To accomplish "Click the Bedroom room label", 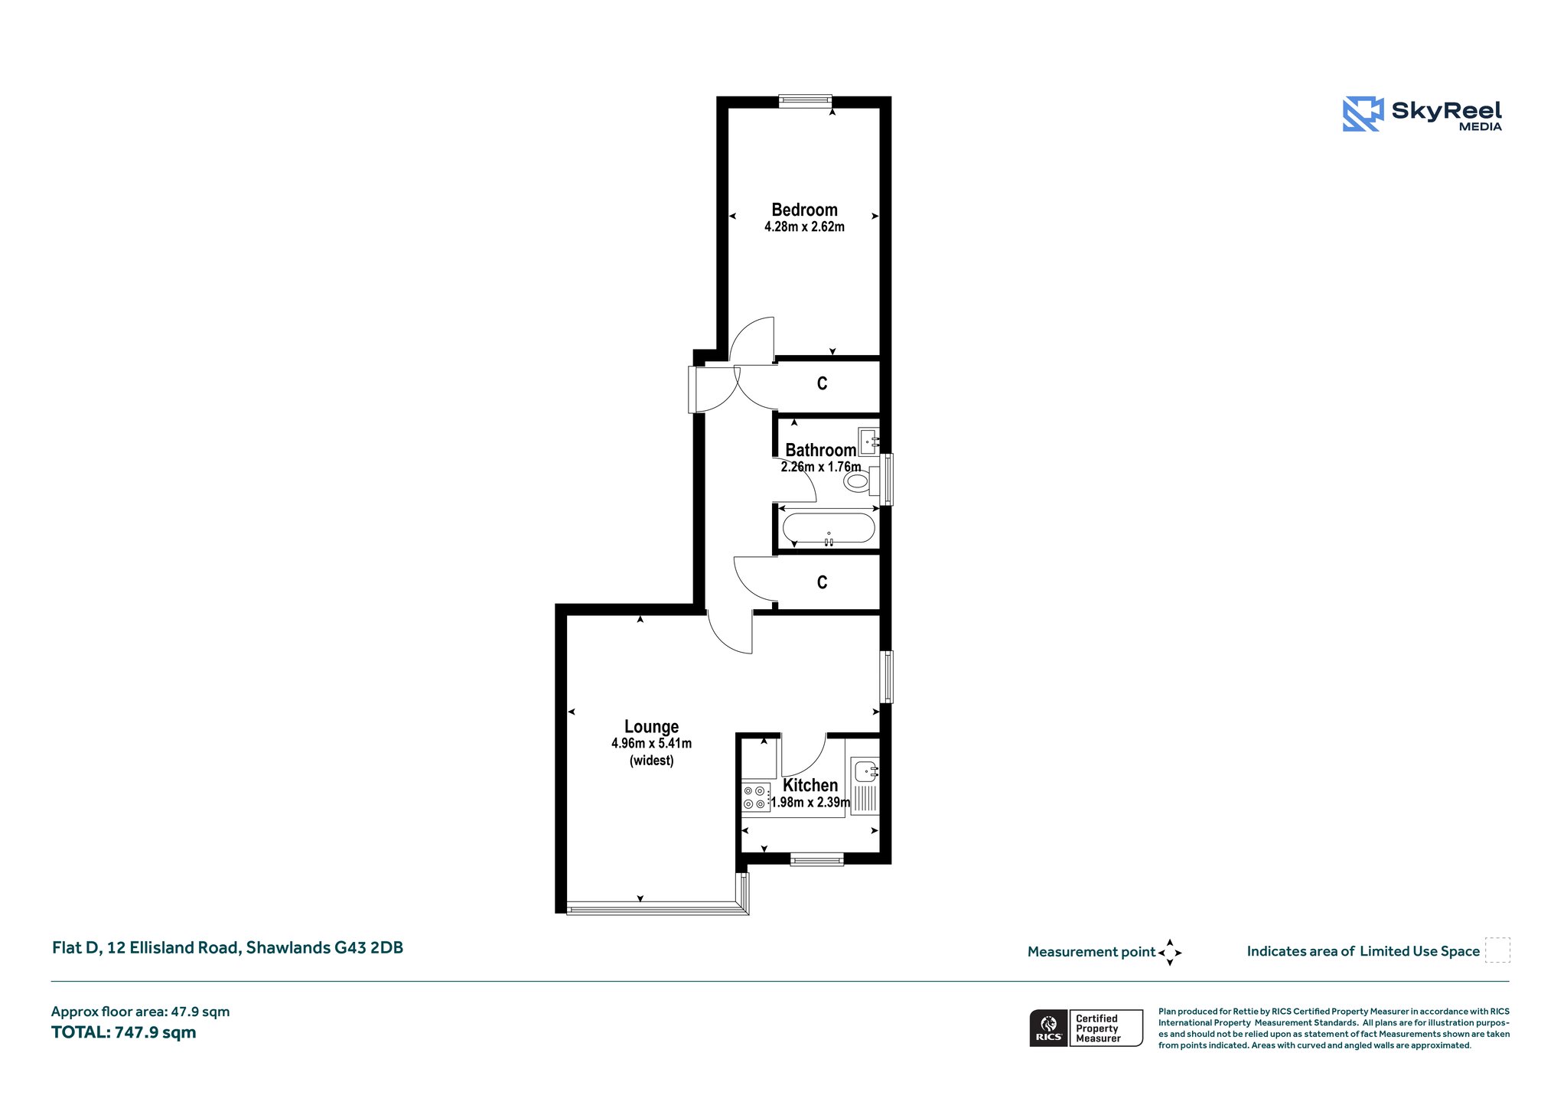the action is click(x=804, y=210).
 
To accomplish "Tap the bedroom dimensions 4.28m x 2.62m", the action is click(x=804, y=226).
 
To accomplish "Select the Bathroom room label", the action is click(x=820, y=450).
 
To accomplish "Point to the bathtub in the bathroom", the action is click(x=829, y=528).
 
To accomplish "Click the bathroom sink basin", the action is click(x=868, y=442).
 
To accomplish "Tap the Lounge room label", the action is click(x=651, y=726).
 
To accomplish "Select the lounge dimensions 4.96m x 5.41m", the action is click(x=651, y=743).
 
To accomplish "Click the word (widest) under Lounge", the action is click(x=651, y=760).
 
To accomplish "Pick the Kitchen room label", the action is click(x=810, y=785).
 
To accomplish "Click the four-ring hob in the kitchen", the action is click(x=755, y=797).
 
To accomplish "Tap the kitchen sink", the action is click(x=866, y=771).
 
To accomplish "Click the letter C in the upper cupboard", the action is click(x=822, y=383).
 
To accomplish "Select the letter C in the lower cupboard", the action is click(x=822, y=582).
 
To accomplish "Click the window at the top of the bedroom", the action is click(x=805, y=99).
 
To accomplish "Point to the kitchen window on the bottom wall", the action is click(x=817, y=860).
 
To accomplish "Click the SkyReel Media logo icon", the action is click(x=1363, y=114).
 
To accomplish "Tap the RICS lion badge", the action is click(x=1049, y=1028).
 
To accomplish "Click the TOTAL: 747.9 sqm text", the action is click(x=124, y=1032).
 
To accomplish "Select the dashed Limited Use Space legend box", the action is click(x=1497, y=950).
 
